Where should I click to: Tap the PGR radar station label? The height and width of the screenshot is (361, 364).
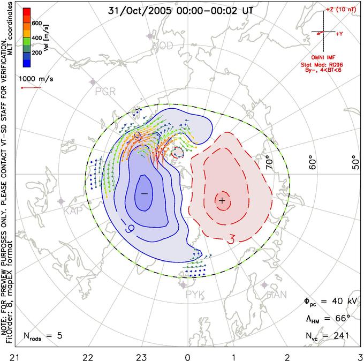[105, 92]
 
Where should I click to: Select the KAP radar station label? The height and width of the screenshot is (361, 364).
[73, 211]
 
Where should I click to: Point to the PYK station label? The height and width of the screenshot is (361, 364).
[195, 294]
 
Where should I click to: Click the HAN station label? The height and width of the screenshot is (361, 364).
[276, 294]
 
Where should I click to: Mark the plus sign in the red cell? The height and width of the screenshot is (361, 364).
[222, 200]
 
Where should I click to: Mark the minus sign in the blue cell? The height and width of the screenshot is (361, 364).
[144, 192]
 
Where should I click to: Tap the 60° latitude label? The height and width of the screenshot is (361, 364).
[313, 161]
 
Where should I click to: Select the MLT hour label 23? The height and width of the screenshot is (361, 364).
[141, 356]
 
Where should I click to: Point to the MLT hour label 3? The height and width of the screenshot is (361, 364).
[360, 356]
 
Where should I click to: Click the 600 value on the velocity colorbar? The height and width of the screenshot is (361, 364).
[37, 23]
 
